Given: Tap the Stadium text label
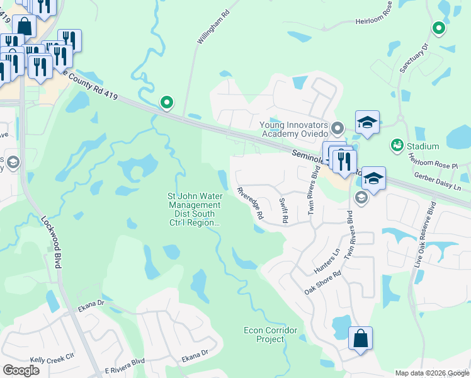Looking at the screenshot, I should tap(423, 147).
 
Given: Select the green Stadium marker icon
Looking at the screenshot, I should tap(397, 146).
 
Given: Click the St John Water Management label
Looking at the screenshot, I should tap(194, 209).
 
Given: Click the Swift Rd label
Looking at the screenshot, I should tap(283, 210).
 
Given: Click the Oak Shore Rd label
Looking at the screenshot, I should tap(322, 283).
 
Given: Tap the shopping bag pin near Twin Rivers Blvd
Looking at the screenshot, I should tap(360, 338).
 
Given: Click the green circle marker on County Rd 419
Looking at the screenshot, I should tap(166, 101).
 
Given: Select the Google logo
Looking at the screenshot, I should tap(21, 370).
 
